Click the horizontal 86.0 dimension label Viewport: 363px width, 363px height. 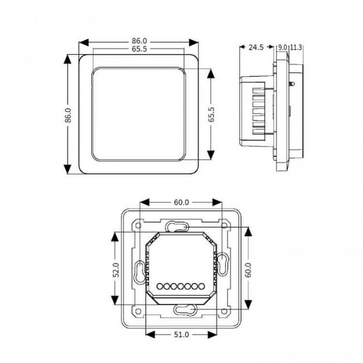tap(140, 41)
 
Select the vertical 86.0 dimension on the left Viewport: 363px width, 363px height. tap(68, 115)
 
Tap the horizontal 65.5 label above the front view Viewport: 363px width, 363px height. tap(140, 49)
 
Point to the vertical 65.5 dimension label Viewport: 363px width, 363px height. tap(211, 114)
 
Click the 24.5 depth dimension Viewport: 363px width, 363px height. tap(256, 47)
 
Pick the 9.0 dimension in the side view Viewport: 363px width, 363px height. tap(283, 47)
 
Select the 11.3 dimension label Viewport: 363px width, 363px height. tap(296, 47)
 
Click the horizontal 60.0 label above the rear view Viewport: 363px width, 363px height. tap(181, 202)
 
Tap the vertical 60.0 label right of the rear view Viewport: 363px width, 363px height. tap(248, 270)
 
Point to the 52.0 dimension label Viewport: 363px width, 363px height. tap(116, 270)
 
